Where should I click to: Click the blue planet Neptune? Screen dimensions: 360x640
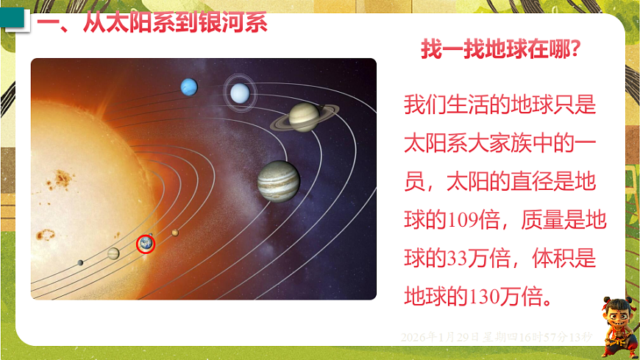pyautogui.click(x=189, y=87)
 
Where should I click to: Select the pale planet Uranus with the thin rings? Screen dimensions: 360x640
pyautogui.click(x=239, y=93)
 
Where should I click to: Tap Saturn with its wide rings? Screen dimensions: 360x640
pyautogui.click(x=303, y=116)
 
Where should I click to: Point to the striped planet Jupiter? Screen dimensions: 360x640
pyautogui.click(x=278, y=181)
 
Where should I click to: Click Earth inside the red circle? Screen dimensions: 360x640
pyautogui.click(x=146, y=244)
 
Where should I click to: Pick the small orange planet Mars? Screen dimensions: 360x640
pyautogui.click(x=175, y=233)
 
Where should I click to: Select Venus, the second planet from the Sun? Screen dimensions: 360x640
pyautogui.click(x=113, y=253)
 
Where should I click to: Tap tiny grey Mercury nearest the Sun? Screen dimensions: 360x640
pyautogui.click(x=80, y=262)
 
